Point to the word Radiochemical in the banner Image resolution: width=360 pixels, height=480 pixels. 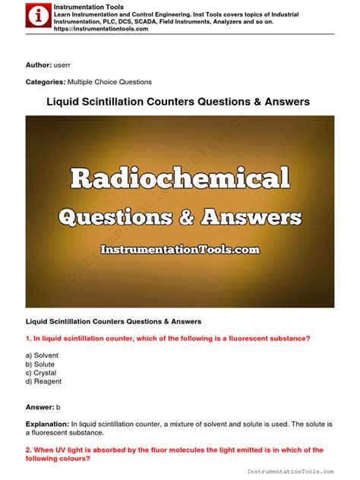[x=180, y=179]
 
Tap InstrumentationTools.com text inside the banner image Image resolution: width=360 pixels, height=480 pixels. [x=180, y=249]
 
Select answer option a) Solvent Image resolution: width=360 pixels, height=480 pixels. [x=42, y=355]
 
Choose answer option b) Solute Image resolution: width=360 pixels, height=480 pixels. [x=40, y=364]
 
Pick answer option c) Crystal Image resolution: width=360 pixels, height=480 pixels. [x=41, y=373]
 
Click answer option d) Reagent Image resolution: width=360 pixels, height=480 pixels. [x=43, y=381]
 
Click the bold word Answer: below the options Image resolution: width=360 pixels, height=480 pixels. [x=41, y=406]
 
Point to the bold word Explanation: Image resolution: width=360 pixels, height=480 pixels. [x=46, y=423]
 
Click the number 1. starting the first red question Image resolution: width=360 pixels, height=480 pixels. [x=29, y=338]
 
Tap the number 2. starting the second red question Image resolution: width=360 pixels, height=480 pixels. [x=29, y=450]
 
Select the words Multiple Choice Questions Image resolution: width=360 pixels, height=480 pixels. [x=109, y=82]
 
